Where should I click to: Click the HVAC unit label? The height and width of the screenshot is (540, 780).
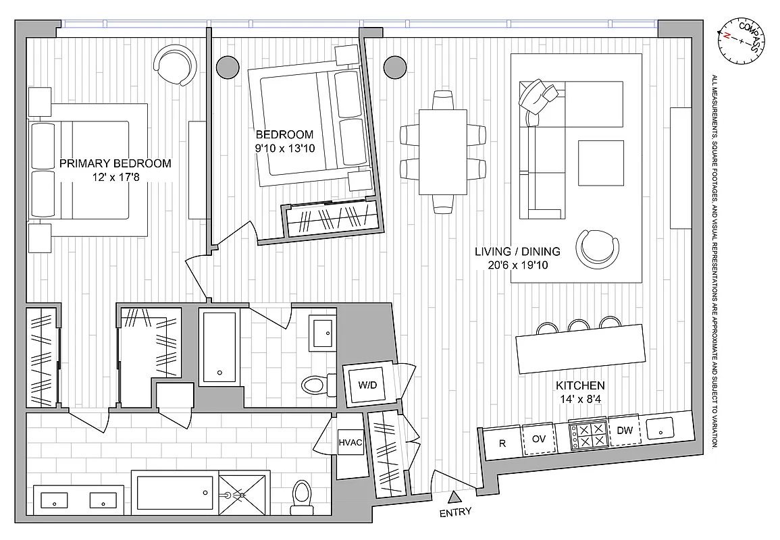click(350, 443)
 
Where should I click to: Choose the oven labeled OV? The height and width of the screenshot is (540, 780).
click(538, 439)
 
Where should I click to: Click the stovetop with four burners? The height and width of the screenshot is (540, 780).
click(588, 435)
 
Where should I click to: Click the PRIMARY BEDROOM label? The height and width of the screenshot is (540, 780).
click(115, 163)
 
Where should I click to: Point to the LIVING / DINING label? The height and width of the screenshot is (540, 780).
click(517, 252)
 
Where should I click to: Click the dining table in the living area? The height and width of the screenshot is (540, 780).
click(442, 152)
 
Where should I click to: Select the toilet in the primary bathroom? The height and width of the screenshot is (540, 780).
click(301, 493)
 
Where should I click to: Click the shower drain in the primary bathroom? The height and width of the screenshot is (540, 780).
click(238, 495)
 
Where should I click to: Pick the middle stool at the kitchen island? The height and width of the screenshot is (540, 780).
click(578, 325)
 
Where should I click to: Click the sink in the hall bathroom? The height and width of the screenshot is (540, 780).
click(323, 332)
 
